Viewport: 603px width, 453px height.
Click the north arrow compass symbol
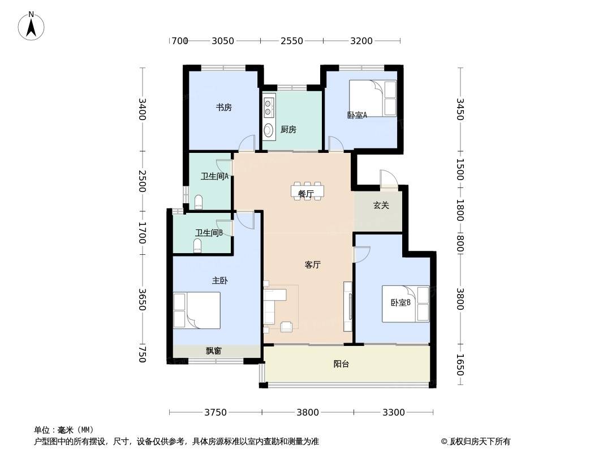[31, 26]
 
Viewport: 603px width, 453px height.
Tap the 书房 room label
[223, 108]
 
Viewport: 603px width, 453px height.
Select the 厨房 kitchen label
[288, 130]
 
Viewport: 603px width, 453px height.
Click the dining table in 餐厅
[307, 191]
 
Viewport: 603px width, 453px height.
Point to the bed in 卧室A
[373, 98]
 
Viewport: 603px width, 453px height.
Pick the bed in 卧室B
[406, 304]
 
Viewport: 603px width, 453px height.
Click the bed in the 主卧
[197, 310]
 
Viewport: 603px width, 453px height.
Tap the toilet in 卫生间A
[198, 202]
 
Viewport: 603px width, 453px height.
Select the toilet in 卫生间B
[197, 245]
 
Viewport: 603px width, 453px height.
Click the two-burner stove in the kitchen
[268, 106]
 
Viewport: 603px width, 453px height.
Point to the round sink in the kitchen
[268, 129]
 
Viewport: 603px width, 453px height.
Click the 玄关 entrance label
[381, 206]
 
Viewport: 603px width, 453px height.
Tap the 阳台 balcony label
[341, 364]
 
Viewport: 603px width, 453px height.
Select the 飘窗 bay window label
[213, 351]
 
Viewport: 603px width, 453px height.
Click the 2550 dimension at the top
[292, 40]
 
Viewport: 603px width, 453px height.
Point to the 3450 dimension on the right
[460, 109]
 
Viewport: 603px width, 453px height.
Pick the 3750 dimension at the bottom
[216, 412]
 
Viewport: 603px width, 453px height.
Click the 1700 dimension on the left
[143, 233]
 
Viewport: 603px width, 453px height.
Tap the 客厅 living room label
[313, 265]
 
